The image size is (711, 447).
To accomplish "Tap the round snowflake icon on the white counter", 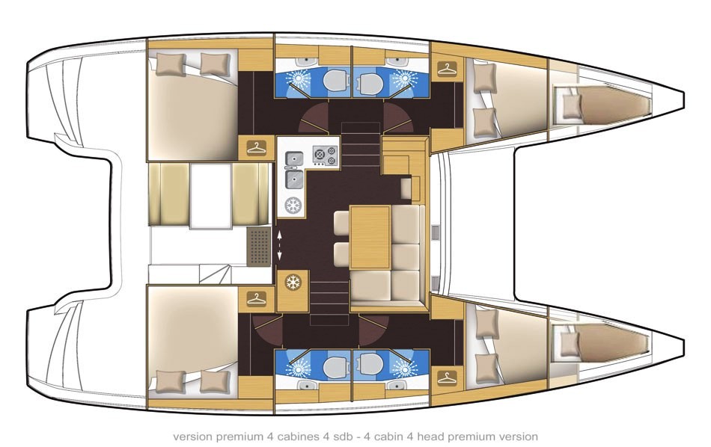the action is tap(293, 206).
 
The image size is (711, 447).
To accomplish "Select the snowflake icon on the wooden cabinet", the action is tap(293, 283).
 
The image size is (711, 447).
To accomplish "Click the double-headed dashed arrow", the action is tap(279, 245).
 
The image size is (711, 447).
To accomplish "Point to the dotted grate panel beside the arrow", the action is tap(259, 247).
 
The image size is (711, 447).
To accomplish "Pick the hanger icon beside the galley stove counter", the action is tap(257, 148).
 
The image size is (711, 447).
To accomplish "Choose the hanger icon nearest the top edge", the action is tap(448, 69).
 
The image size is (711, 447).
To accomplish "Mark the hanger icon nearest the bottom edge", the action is tap(448, 377).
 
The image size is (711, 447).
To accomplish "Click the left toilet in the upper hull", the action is tap(335, 81).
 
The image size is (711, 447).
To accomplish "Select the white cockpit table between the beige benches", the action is tap(211, 196).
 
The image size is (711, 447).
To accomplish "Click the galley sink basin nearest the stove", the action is tap(294, 159).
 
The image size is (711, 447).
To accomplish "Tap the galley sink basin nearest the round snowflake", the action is tap(294, 179).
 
